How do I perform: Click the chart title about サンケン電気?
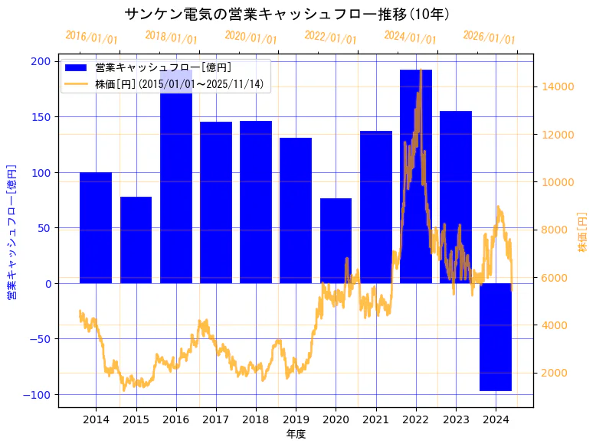pyautogui.click(x=287, y=14)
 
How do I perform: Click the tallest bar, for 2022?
pyautogui.click(x=415, y=176)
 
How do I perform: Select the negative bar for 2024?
pyautogui.click(x=496, y=337)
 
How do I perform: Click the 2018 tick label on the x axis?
pyautogui.click(x=256, y=419)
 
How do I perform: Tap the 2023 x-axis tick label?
pyautogui.click(x=456, y=419)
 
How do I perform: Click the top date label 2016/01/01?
pyautogui.click(x=91, y=37)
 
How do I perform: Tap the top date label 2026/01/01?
pyautogui.click(x=490, y=37)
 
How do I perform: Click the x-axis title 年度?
pyautogui.click(x=296, y=434)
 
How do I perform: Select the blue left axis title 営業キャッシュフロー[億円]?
pyautogui.click(x=11, y=230)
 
